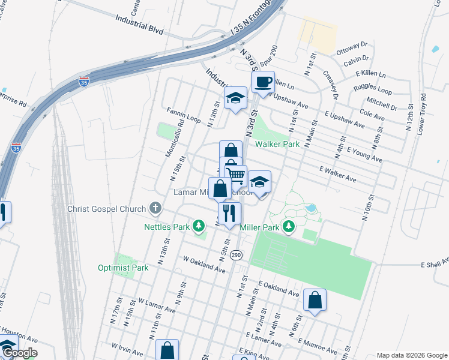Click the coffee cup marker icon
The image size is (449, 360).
(263, 82)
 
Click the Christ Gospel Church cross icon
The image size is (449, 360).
(155, 209)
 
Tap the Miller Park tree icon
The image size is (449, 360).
(289, 227)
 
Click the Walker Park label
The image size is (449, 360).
(277, 145)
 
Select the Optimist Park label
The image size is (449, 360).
(123, 268)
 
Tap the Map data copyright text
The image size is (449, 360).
(411, 355)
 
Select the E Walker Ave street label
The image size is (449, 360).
(346, 175)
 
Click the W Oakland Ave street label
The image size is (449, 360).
(203, 265)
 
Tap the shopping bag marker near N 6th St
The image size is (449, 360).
(315, 299)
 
